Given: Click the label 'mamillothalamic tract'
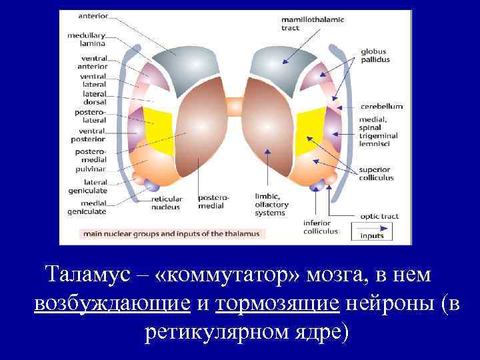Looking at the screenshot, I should coord(312,24).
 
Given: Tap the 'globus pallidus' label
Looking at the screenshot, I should coord(375,55).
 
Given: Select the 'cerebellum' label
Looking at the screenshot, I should coord(381,106).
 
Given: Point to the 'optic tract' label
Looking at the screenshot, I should coord(379,216).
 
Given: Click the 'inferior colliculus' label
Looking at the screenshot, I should coord(320,227).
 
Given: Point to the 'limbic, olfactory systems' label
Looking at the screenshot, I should coord(270,204).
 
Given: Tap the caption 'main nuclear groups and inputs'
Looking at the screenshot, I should coord(173,234).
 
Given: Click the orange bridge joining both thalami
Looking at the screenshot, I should coord(234,106).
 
